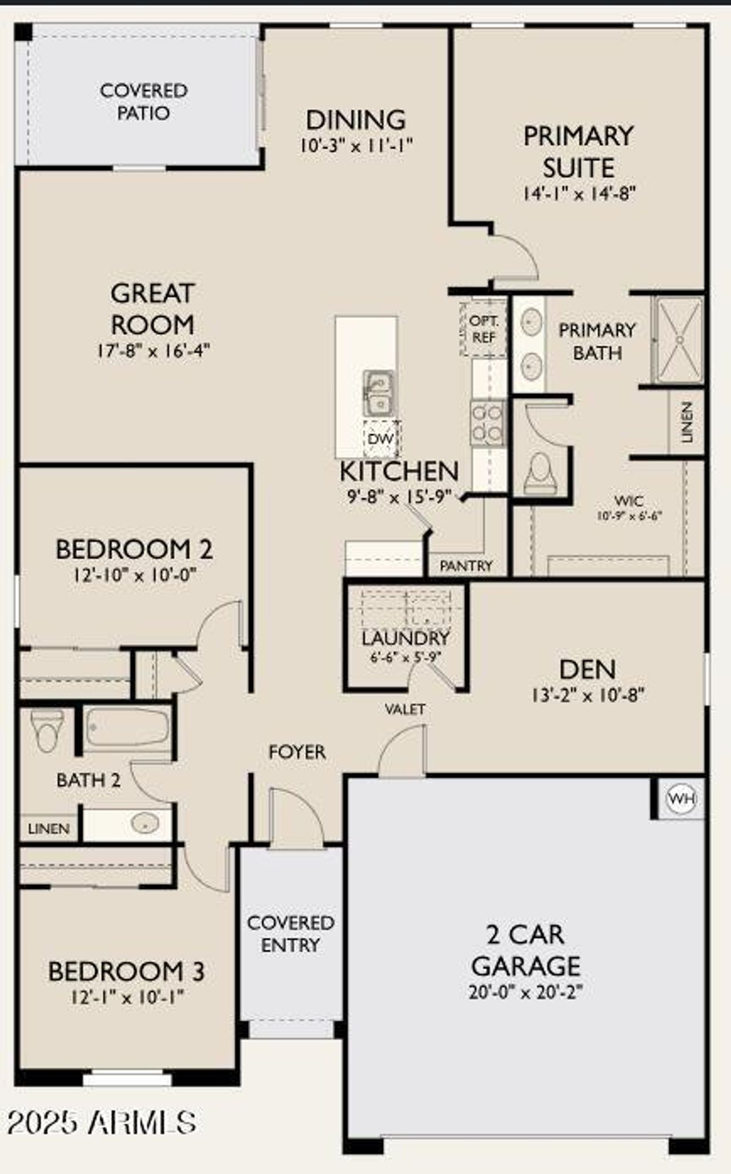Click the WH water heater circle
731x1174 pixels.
coord(682,798)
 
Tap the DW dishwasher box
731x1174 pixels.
coord(381,439)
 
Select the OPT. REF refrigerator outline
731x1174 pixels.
coord(483,329)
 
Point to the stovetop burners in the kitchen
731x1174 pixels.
coord(488,423)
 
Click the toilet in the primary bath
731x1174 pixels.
coord(540,473)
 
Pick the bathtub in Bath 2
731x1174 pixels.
coord(127,727)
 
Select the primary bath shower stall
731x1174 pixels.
coord(679,340)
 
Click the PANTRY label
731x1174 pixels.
coord(466,566)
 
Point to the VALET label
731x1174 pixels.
coord(405,709)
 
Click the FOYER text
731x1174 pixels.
coord(297,752)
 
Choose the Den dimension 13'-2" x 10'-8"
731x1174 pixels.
coord(588,695)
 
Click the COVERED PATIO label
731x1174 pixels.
coord(143,102)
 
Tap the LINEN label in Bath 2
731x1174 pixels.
coord(49,828)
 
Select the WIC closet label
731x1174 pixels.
coord(629,501)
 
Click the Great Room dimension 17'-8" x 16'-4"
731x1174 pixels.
coord(153,350)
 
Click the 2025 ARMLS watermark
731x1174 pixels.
coord(102,1122)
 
